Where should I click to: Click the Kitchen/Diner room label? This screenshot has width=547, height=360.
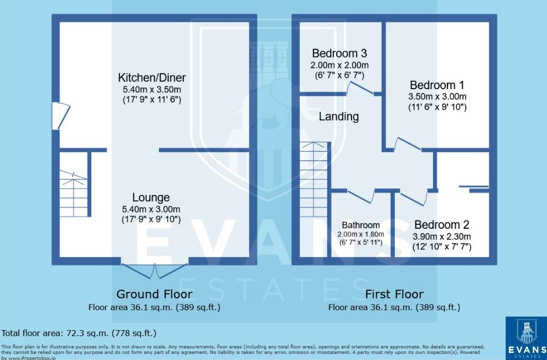pyautogui.click(x=152, y=78)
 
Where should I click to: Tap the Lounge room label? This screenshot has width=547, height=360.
pyautogui.click(x=151, y=198)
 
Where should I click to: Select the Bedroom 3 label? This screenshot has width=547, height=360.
pyautogui.click(x=339, y=54)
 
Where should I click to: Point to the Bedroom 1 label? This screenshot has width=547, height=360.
pyautogui.click(x=437, y=85)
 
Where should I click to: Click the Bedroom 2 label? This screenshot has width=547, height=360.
pyautogui.click(x=441, y=225)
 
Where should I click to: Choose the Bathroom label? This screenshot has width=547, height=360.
pyautogui.click(x=360, y=225)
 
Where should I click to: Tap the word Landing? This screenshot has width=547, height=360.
pyautogui.click(x=339, y=117)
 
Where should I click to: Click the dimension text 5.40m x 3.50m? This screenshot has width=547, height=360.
pyautogui.click(x=152, y=90)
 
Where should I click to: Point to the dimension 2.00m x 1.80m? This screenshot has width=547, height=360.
pyautogui.click(x=361, y=234)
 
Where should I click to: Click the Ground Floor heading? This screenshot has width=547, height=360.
pyautogui.click(x=154, y=294)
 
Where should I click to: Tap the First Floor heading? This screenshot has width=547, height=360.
pyautogui.click(x=394, y=294)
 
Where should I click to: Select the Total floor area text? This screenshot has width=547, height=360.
pyautogui.click(x=79, y=333)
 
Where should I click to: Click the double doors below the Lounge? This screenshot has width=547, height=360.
pyautogui.click(x=155, y=270)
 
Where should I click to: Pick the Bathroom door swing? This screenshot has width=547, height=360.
pyautogui.click(x=360, y=196)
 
